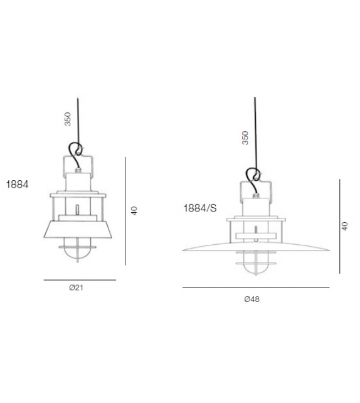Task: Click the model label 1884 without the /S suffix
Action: click(18, 185)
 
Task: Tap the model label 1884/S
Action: click(199, 208)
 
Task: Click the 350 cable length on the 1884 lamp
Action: click(68, 119)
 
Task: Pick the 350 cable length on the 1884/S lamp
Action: click(245, 138)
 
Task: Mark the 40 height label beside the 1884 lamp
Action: click(134, 211)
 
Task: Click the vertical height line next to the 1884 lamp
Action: click(126, 210)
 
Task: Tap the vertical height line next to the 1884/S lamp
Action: click(339, 226)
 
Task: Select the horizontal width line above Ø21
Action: click(80, 279)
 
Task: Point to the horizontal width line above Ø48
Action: click(255, 288)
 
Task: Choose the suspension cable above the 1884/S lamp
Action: click(254, 132)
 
